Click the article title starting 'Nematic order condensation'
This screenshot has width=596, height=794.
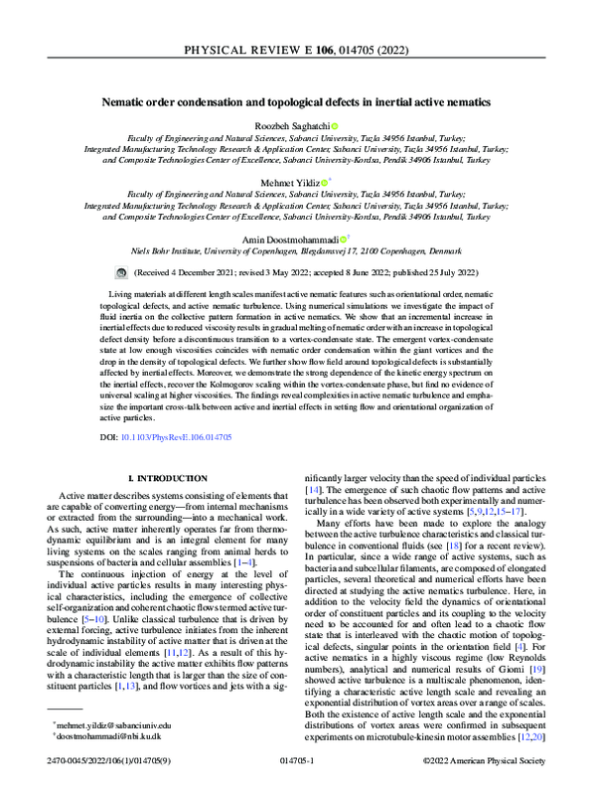297,100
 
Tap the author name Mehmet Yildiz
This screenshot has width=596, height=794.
293,183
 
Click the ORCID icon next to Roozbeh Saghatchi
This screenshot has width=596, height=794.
335,125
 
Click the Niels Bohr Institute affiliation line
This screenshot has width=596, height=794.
297,253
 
